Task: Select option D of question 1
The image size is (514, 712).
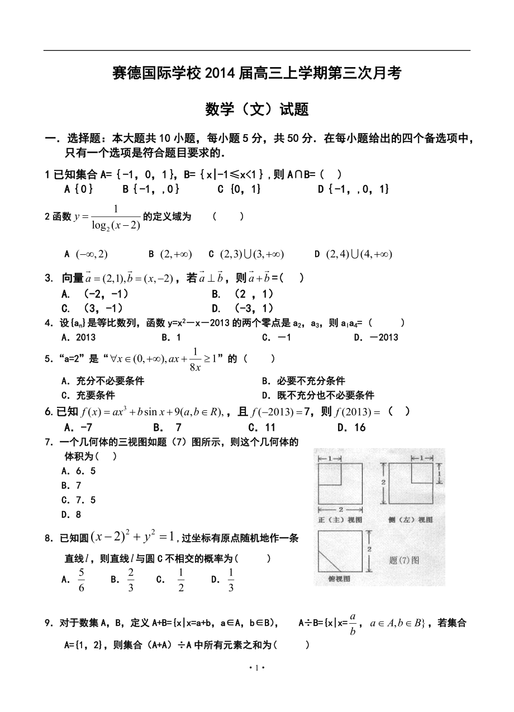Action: [353, 189]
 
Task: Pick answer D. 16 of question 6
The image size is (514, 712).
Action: [351, 428]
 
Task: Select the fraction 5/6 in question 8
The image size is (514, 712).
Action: [82, 580]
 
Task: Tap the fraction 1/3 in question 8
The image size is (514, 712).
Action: [231, 580]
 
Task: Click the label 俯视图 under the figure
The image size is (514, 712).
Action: [337, 579]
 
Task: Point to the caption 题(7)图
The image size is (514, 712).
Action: [404, 559]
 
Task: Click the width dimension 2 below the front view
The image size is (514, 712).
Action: [340, 509]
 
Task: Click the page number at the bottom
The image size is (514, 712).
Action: [256, 668]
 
